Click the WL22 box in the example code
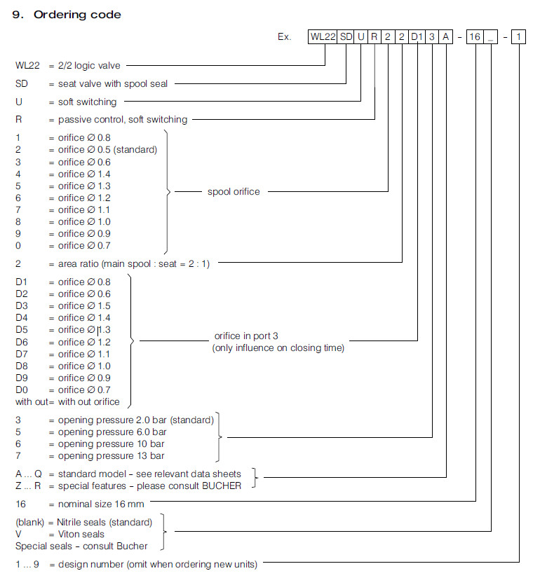[x=323, y=36]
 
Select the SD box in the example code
[x=346, y=36]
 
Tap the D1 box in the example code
[x=417, y=36]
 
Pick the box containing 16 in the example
[x=475, y=36]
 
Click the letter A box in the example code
[x=446, y=36]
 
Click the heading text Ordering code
[x=76, y=15]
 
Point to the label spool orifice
[x=234, y=191]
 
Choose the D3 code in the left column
[x=22, y=305]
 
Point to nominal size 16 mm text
[x=100, y=503]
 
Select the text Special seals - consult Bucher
[x=82, y=546]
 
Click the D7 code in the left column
[x=22, y=354]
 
